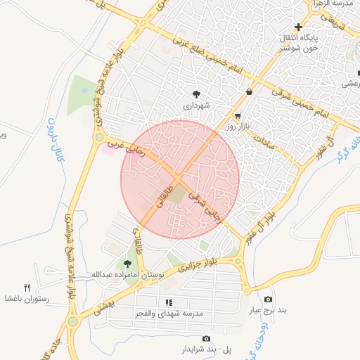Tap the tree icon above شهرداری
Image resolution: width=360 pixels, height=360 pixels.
tap(196, 94)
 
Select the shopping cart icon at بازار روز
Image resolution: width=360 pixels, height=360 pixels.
tap(238, 116)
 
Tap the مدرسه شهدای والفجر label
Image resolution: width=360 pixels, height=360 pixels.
tap(169, 313)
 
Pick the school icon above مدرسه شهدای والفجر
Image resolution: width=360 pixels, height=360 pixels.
tap(169, 302)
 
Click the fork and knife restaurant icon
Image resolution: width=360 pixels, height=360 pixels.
tap(27, 287)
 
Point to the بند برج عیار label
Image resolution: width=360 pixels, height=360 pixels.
tap(267, 309)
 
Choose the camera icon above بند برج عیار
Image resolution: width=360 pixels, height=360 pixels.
tap(267, 299)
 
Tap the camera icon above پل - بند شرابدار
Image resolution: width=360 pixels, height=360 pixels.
tap(205, 339)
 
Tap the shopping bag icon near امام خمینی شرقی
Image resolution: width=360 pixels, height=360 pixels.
tap(250, 91)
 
